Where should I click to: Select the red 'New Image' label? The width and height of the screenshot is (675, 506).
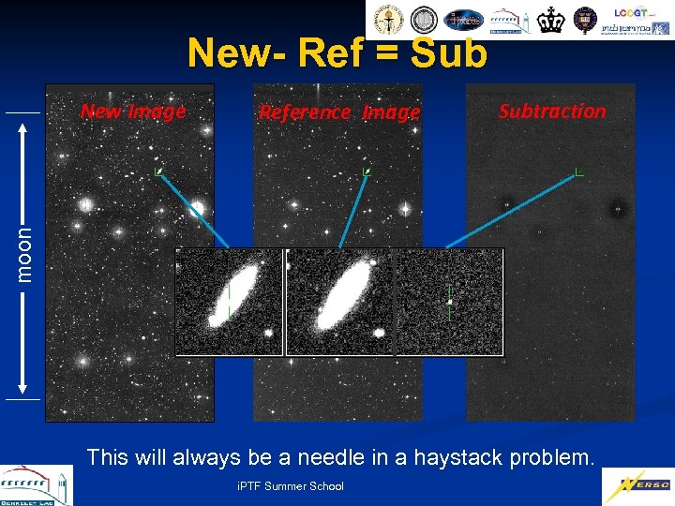(133, 112)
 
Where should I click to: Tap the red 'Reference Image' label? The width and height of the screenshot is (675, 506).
(339, 112)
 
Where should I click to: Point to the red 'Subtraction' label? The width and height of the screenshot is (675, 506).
(552, 111)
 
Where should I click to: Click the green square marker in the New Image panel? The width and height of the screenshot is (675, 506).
(159, 171)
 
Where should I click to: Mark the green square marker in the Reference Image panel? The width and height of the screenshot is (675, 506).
(368, 171)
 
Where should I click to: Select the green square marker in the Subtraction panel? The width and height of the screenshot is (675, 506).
(579, 171)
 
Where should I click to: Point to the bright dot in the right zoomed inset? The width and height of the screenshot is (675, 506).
(450, 302)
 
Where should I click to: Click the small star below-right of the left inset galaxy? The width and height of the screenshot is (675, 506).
(268, 333)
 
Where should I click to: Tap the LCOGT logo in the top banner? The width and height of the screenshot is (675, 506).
(630, 13)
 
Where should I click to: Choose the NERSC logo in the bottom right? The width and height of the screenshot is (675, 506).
(637, 485)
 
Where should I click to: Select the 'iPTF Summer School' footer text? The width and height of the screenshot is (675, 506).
(291, 485)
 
